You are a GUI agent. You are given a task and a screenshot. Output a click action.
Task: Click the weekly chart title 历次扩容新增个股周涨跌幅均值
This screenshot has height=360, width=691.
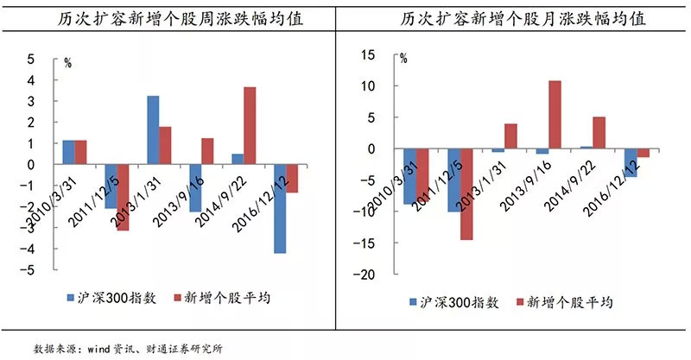coord(172,20)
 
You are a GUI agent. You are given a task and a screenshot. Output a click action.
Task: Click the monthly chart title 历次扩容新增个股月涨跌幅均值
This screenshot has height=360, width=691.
coord(517,20)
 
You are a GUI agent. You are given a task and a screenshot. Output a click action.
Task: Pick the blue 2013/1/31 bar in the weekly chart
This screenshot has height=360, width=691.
coord(153,129)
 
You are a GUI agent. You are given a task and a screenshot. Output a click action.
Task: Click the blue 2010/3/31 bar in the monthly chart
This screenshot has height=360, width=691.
coord(409,176)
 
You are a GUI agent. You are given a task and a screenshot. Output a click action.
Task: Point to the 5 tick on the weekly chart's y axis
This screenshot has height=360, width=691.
coord(32,60)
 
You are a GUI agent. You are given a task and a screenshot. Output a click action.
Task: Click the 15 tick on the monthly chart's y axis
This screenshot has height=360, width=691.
coord(371,55)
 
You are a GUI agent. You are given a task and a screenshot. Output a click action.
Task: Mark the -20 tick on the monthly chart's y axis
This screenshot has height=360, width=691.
coord(367,275)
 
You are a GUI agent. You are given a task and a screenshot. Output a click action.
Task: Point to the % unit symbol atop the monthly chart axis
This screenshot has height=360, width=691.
coord(403,59)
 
